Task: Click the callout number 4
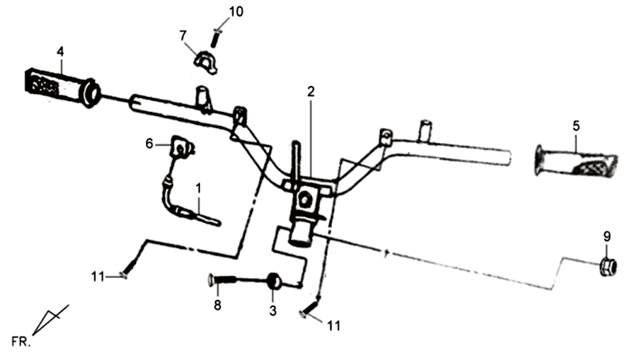(60, 52)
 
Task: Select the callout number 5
(575, 125)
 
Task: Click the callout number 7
(182, 35)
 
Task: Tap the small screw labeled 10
(216, 35)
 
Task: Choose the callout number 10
(215, 11)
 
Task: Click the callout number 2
(311, 92)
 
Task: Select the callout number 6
(149, 143)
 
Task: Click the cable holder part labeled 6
(181, 148)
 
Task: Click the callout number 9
(607, 235)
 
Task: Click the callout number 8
(217, 305)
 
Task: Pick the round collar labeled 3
(274, 280)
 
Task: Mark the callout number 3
(273, 311)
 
